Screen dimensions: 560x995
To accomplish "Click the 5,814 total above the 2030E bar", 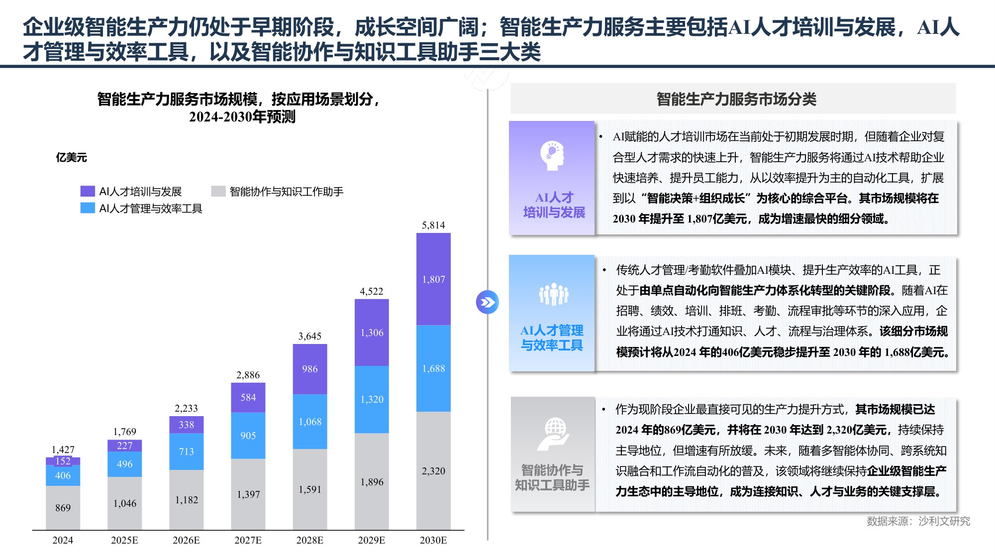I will point(433,225).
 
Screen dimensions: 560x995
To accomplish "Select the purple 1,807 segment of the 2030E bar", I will point(433,279).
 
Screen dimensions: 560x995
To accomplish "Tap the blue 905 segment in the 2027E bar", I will point(248,436).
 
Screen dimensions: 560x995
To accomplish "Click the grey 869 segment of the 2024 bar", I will point(63,508).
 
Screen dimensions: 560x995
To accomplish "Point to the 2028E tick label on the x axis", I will point(309,540).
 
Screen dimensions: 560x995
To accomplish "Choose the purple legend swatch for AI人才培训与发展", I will point(88,191).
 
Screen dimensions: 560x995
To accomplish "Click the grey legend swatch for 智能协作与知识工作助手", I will point(218,191).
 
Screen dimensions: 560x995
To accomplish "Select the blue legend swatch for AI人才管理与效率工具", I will point(88,208).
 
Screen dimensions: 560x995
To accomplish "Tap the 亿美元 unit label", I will point(71,158).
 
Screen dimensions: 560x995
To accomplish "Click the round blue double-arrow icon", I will point(487,302).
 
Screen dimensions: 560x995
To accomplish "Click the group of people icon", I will point(553,294).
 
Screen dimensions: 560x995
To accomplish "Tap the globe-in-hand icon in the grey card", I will point(554,434).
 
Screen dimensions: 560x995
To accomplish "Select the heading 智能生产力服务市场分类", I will point(736,99).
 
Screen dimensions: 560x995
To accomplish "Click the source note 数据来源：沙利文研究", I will point(918,521).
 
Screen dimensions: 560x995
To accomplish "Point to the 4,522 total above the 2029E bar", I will point(371,291).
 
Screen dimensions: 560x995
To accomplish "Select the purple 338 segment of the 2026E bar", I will point(186,425).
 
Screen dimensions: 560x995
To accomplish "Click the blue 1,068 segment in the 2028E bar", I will point(309,422).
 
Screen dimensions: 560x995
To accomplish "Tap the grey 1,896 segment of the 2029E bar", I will point(372,482).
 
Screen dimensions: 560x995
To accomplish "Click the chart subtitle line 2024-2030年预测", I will point(242,117).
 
